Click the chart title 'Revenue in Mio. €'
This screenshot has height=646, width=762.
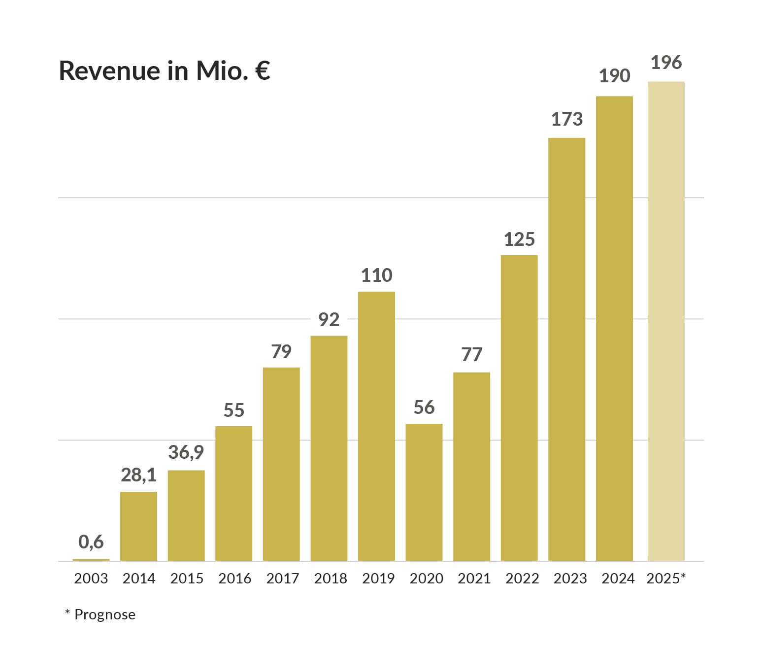tap(165, 70)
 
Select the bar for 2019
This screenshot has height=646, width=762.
tap(376, 426)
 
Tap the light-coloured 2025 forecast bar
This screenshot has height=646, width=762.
tap(666, 321)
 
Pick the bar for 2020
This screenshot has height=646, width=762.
tap(424, 492)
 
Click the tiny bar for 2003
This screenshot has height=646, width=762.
tap(91, 560)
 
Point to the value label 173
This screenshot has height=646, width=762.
tap(566, 119)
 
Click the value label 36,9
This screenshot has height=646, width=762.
tap(186, 452)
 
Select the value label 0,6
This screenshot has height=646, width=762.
tap(91, 542)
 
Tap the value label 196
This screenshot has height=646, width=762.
tap(666, 63)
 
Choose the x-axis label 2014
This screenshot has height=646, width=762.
tap(139, 578)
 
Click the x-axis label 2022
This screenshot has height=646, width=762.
tap(522, 578)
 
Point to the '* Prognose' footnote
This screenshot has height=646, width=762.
tap(100, 614)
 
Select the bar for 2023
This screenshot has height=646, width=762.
tap(566, 349)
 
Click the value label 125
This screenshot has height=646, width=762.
tap(519, 239)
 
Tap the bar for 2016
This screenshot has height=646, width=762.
tap(234, 493)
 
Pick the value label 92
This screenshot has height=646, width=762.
tap(329, 320)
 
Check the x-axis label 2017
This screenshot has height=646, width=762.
tap(282, 578)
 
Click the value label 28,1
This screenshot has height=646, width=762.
tap(138, 475)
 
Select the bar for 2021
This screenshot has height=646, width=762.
tap(471, 467)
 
